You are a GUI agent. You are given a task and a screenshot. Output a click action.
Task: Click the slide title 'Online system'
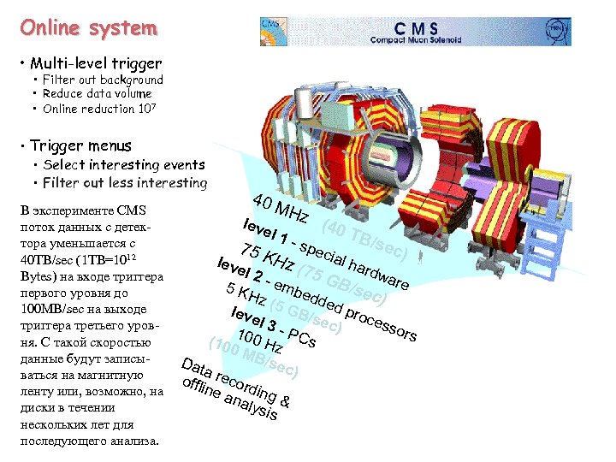pyautogui.click(x=90, y=27)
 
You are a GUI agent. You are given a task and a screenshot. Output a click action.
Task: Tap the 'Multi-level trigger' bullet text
pyautogui.click(x=95, y=63)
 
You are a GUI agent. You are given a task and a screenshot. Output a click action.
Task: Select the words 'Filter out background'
pyautogui.click(x=103, y=80)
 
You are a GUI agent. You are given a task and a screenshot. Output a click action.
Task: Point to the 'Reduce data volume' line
pyautogui.click(x=97, y=94)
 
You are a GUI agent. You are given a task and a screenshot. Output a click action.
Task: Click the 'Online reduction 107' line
pyautogui.click(x=100, y=109)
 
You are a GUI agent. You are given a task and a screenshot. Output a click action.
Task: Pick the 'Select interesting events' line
pyautogui.click(x=124, y=164)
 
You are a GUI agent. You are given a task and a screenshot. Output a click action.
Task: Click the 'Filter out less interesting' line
pyautogui.click(x=125, y=182)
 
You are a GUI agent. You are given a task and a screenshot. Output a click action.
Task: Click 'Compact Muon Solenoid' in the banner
pyautogui.click(x=416, y=39)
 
